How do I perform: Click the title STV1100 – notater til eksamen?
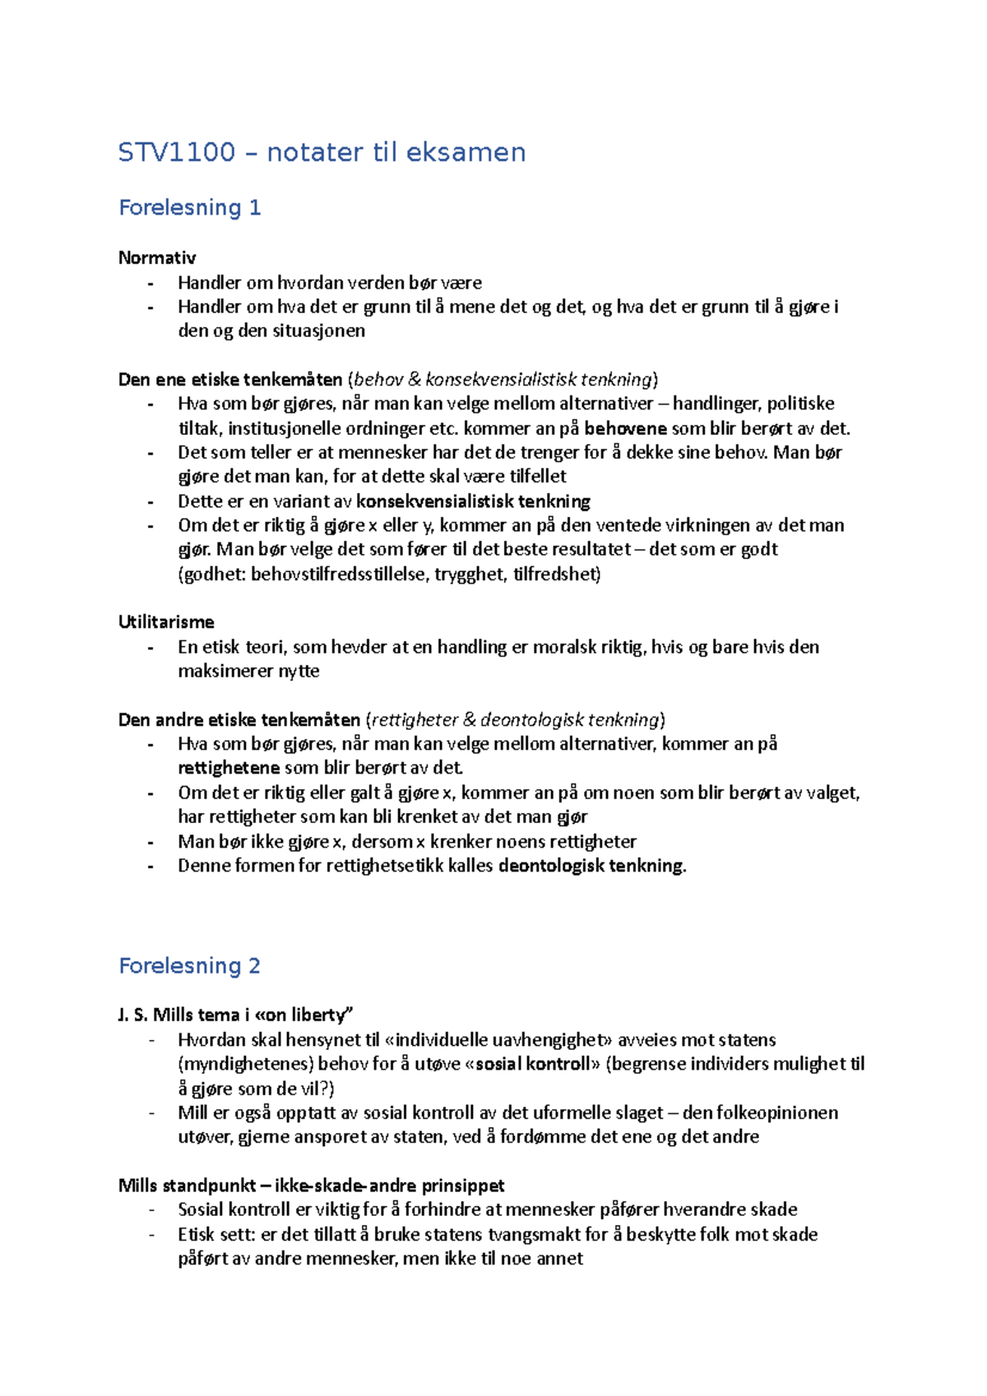point(322,152)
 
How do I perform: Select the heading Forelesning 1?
point(189,207)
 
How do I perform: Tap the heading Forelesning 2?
point(189,965)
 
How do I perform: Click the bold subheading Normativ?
point(157,257)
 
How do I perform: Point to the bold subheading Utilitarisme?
point(166,622)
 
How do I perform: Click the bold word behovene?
point(625,428)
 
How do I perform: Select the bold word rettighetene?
point(229,768)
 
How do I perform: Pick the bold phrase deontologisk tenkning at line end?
point(591,866)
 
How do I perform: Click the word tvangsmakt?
point(545,1235)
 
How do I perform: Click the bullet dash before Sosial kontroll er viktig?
point(151,1210)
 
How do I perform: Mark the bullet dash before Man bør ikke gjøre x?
point(151,842)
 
